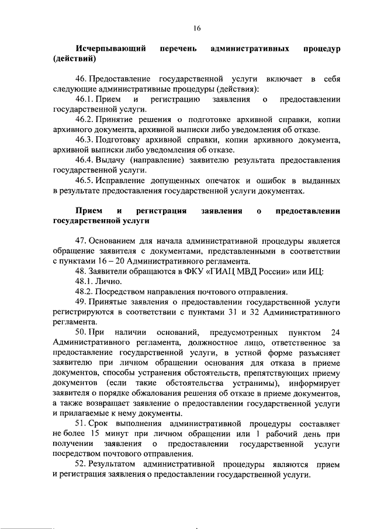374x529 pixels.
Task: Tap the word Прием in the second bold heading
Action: [87, 210]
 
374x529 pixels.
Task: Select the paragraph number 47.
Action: [81, 241]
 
